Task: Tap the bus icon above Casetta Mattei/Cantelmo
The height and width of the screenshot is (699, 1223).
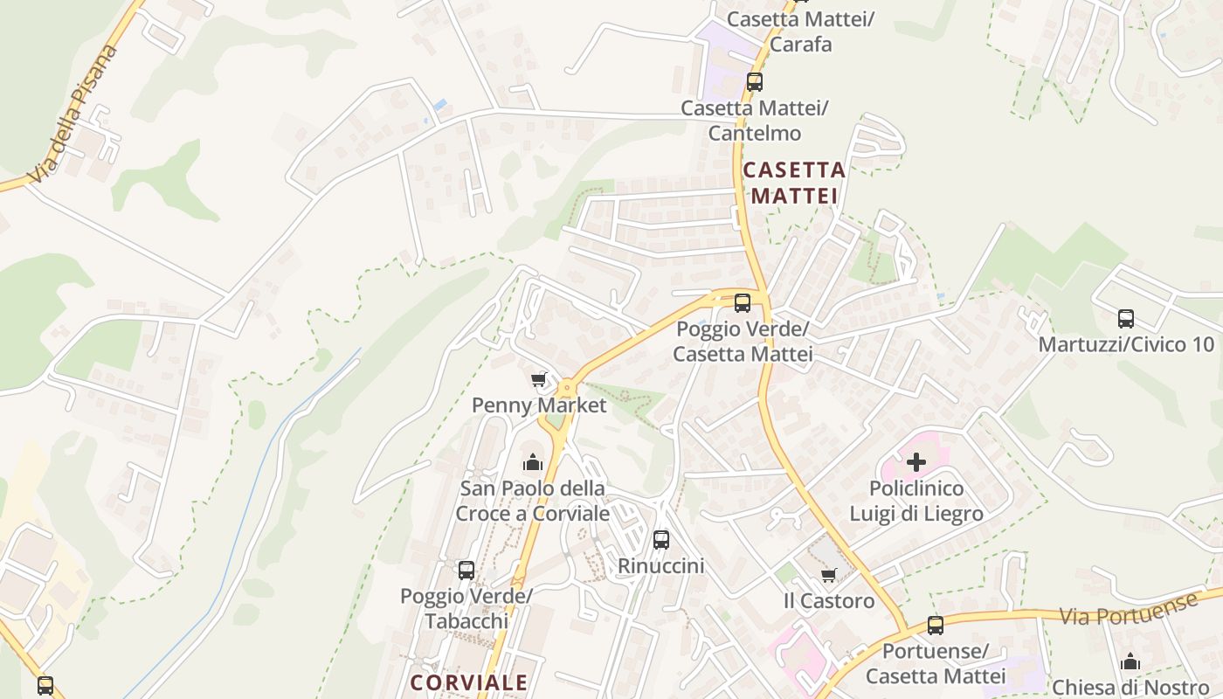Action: (755, 82)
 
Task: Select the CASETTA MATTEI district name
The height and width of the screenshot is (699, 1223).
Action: (794, 183)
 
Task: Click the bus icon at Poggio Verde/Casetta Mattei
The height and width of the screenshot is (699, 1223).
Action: (743, 303)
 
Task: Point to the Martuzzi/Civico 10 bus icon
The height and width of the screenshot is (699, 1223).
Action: (1126, 319)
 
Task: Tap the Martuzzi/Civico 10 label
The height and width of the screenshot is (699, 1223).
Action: (1126, 344)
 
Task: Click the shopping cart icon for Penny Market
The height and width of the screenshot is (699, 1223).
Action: (538, 380)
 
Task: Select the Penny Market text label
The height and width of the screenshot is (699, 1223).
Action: (539, 405)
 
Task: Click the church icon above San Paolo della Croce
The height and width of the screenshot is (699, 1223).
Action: (532, 462)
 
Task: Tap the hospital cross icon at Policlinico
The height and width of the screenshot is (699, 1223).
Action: (916, 462)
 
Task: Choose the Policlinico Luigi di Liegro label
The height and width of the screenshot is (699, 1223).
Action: (916, 501)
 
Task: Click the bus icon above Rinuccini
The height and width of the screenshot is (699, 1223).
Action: (661, 540)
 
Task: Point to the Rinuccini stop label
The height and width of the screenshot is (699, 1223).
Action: (660, 566)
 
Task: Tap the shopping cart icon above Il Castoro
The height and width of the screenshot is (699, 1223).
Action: (829, 575)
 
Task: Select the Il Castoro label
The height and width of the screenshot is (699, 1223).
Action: (829, 601)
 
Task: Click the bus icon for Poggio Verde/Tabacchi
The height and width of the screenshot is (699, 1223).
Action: (466, 571)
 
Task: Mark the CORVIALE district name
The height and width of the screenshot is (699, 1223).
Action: (469, 682)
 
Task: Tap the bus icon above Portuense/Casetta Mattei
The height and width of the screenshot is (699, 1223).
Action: (936, 626)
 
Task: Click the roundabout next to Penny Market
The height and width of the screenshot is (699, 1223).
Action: (568, 386)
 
